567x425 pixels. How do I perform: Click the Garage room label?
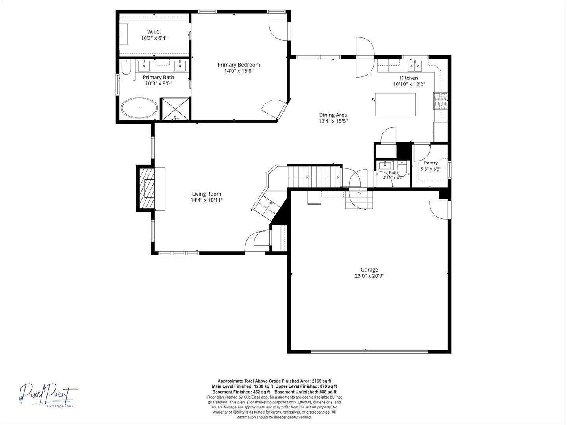pyautogui.click(x=369, y=270)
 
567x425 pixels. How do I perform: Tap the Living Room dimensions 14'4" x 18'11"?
pyautogui.click(x=206, y=200)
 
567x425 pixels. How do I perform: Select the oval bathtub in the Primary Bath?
pyautogui.click(x=139, y=107)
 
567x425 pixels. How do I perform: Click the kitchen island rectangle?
pyautogui.click(x=395, y=105)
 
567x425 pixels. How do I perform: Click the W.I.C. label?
pyautogui.click(x=154, y=32)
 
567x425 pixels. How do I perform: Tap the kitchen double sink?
pyautogui.click(x=415, y=66)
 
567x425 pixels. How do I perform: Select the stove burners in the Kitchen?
pyautogui.click(x=441, y=101)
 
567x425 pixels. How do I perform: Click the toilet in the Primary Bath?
pyautogui.click(x=126, y=67)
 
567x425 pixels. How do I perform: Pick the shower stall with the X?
pyautogui.click(x=175, y=109)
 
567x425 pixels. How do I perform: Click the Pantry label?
pyautogui.click(x=431, y=163)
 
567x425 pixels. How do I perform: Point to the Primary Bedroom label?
pyautogui.click(x=239, y=65)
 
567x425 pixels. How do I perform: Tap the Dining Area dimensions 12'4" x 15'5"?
pyautogui.click(x=333, y=121)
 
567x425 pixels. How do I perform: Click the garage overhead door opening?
pyautogui.click(x=369, y=351)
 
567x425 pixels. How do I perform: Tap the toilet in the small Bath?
pyautogui.click(x=402, y=168)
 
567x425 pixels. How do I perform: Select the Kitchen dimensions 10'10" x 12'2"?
pyautogui.click(x=409, y=84)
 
